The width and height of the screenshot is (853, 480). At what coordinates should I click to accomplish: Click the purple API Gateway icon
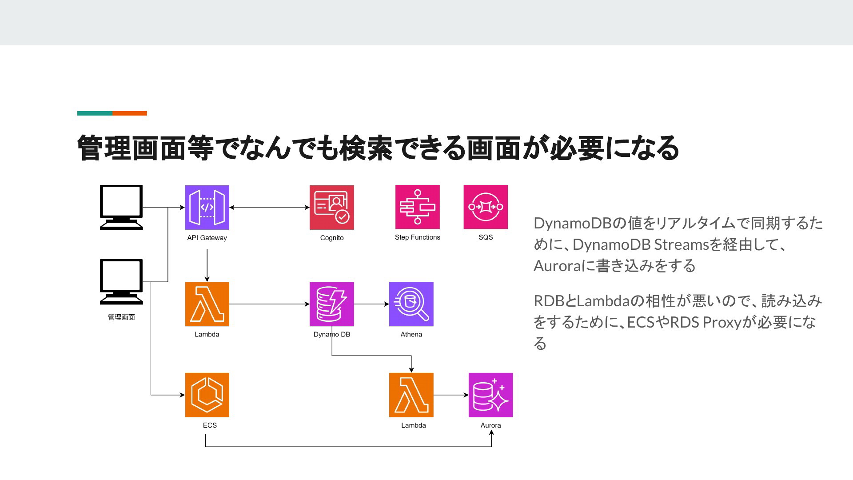coord(207,208)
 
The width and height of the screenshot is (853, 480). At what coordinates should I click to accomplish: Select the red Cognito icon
coord(332,208)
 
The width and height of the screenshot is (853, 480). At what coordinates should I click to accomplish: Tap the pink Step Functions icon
coord(418,207)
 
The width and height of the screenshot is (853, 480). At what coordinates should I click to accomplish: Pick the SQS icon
coord(486,207)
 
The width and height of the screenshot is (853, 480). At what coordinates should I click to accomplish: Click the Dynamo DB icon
coord(332,304)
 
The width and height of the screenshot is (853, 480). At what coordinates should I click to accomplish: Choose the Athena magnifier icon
coord(411,304)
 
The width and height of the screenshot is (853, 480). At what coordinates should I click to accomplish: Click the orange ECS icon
coord(207,395)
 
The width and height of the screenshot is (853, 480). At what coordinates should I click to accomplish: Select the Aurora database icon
coord(491,395)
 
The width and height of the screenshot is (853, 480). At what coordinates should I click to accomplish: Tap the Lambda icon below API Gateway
coord(207,304)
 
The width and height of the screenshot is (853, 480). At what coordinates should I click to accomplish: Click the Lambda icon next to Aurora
coord(411,395)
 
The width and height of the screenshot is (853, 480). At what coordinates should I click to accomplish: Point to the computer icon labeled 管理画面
coord(121,282)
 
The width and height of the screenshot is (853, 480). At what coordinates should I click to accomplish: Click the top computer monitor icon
coord(121,208)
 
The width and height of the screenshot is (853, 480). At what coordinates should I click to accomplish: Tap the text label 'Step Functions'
coord(418,237)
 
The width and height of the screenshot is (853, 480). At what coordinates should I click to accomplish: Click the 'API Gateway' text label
coord(207,238)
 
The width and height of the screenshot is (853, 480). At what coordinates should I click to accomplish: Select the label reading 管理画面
coord(121,317)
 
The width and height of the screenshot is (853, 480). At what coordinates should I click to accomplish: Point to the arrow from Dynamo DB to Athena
coord(372,304)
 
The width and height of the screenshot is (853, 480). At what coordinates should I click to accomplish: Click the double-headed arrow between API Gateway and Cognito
coord(270,208)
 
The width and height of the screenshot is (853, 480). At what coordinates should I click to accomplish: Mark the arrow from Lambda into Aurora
coord(451,395)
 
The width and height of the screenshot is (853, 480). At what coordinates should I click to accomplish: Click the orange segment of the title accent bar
coord(130,113)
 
